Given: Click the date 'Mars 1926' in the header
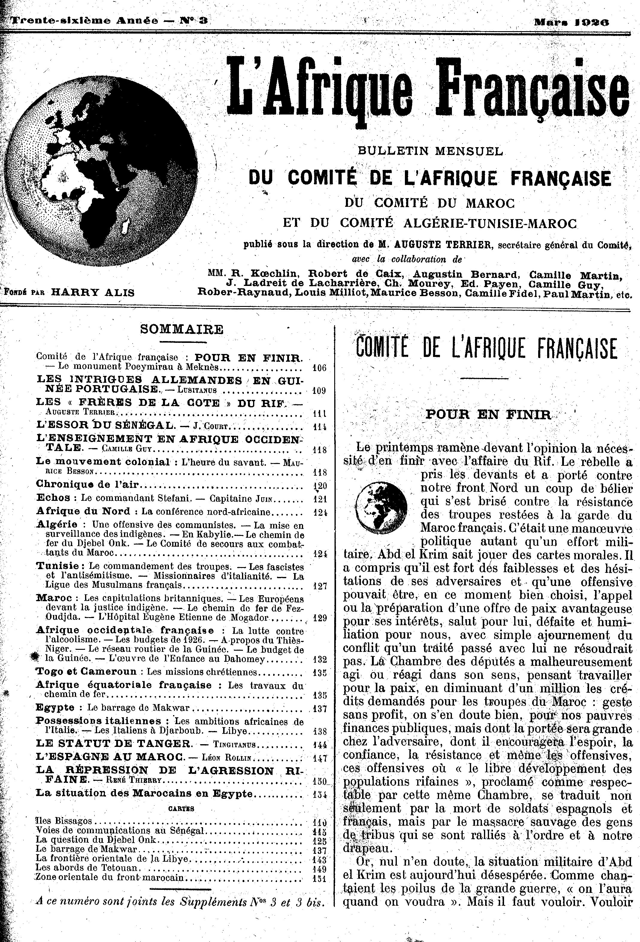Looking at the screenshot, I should (571, 22).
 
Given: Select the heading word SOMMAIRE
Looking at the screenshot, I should (181, 329).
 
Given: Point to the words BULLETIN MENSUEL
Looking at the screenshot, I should (430, 151).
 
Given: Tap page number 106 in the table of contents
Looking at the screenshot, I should (319, 368).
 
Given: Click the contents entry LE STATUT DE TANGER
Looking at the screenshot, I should (114, 743).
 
